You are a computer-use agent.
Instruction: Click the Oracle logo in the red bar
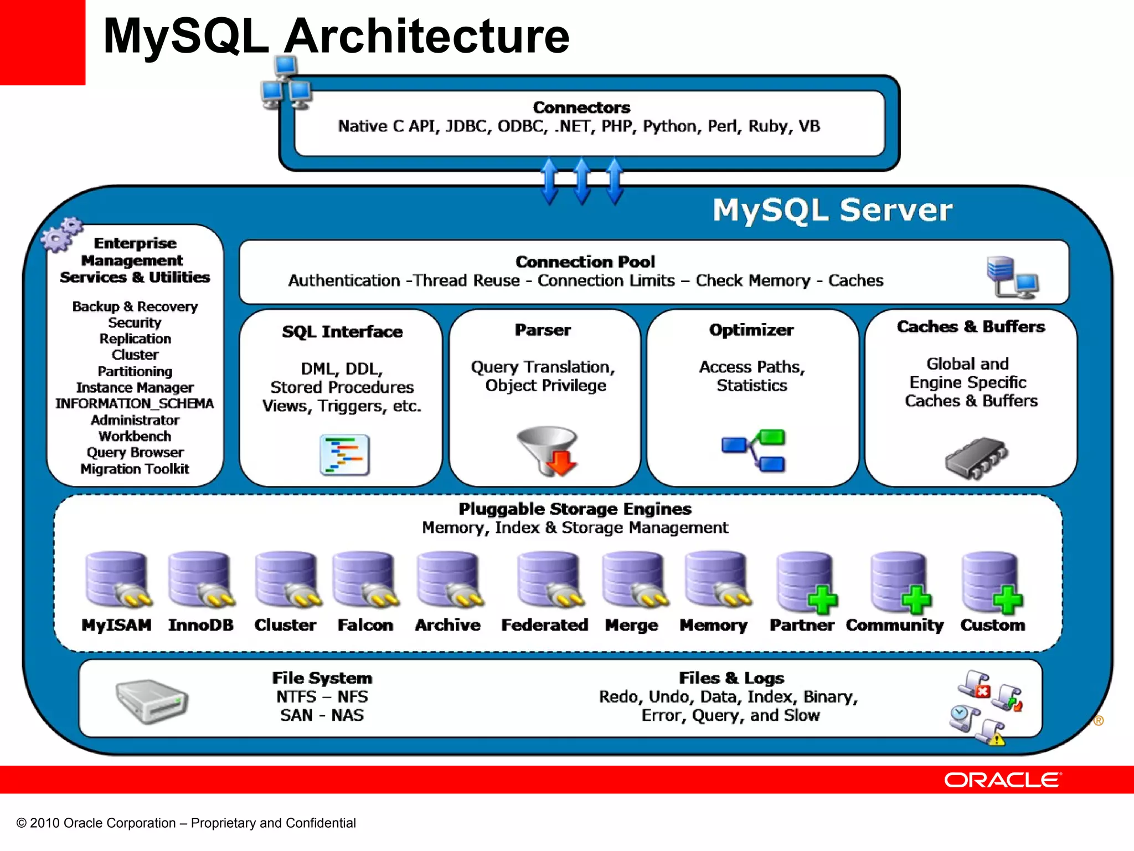(x=1002, y=780)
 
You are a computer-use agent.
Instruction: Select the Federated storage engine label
(x=544, y=625)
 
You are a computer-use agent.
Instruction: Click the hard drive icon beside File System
(x=152, y=701)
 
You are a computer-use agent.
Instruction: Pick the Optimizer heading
(x=751, y=330)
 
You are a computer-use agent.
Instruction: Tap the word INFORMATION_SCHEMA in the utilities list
(x=135, y=403)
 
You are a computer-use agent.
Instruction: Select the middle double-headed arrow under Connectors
(x=582, y=181)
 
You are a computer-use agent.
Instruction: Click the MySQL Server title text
(x=832, y=210)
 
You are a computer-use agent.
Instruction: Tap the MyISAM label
(x=116, y=625)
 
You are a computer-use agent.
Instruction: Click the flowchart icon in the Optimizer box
(x=755, y=450)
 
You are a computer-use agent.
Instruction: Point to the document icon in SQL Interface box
(x=344, y=455)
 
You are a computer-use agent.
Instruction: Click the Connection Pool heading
(x=585, y=262)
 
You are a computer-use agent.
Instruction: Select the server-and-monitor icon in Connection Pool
(x=1012, y=277)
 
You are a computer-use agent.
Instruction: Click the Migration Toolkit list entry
(x=135, y=469)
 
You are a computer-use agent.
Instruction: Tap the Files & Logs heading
(x=731, y=678)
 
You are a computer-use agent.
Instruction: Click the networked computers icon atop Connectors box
(x=286, y=84)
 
